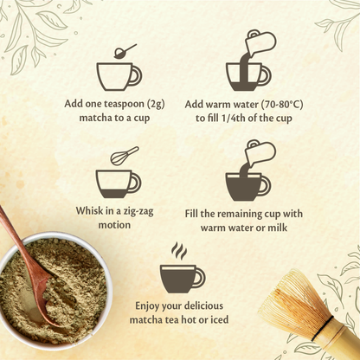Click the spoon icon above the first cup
coord(125,52)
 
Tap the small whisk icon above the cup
coord(124,156)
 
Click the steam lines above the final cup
coord(179,251)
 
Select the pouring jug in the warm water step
coord(260,43)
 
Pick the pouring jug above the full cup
coord(260,153)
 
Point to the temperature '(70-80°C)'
coord(282,104)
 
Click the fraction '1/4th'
coord(232,119)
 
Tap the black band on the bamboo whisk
coord(322,328)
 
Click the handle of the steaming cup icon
coord(200,278)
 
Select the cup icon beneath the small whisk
coord(119,184)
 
